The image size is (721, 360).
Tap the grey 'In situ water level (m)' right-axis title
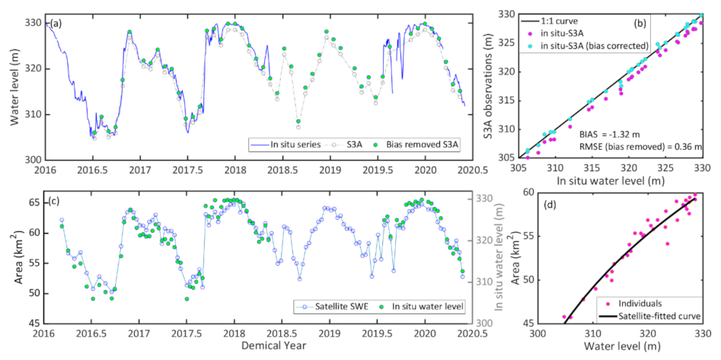(x=487, y=256)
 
